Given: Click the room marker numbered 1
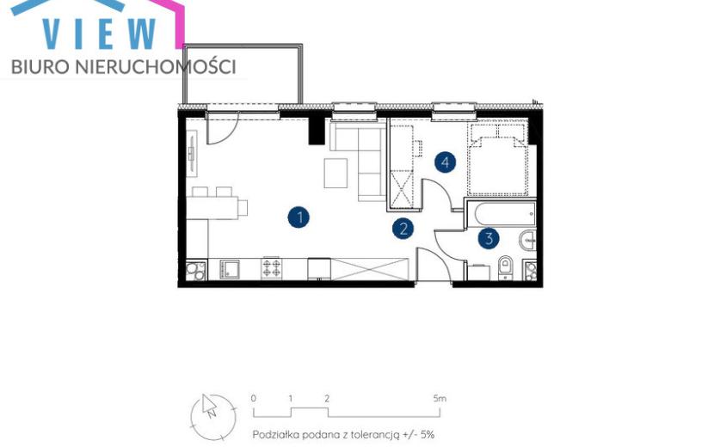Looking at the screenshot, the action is (x=299, y=217).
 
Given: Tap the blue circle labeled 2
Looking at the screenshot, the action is (x=403, y=229).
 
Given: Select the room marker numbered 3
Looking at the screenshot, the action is (x=489, y=238).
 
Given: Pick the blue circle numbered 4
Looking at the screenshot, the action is (x=446, y=162).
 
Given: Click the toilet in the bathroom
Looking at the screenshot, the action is (x=506, y=266).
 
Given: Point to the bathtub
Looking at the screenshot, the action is (x=505, y=214).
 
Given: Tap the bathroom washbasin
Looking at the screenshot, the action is (x=528, y=240).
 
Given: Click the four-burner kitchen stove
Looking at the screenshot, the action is (x=272, y=268).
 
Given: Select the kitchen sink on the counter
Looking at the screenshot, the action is (x=230, y=269).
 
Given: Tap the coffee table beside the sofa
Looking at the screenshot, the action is (x=335, y=173).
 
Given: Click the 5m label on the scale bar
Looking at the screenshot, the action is (x=440, y=399).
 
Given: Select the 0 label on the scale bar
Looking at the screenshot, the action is (x=254, y=399).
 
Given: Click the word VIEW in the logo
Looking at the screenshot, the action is (x=100, y=34).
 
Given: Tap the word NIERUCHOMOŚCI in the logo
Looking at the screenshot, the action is (x=154, y=67).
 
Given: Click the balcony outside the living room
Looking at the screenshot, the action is (x=243, y=74).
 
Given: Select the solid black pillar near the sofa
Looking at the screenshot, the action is (x=317, y=129).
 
